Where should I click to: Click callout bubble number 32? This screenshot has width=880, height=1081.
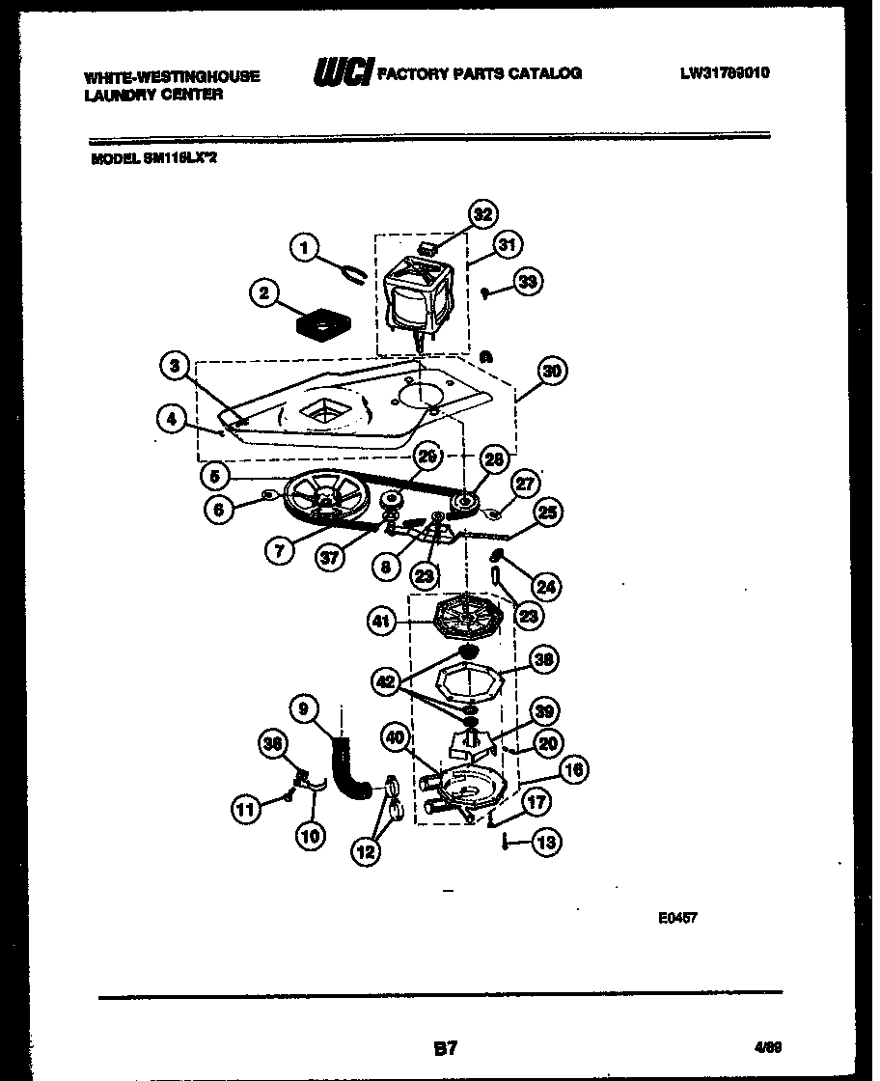pyautogui.click(x=483, y=213)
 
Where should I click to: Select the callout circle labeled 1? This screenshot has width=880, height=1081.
pyautogui.click(x=305, y=248)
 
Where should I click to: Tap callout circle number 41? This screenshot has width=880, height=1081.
pyautogui.click(x=382, y=622)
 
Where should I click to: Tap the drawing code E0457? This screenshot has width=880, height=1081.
pyautogui.click(x=677, y=917)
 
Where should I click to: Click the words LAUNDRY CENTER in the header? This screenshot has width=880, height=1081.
pyautogui.click(x=153, y=94)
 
